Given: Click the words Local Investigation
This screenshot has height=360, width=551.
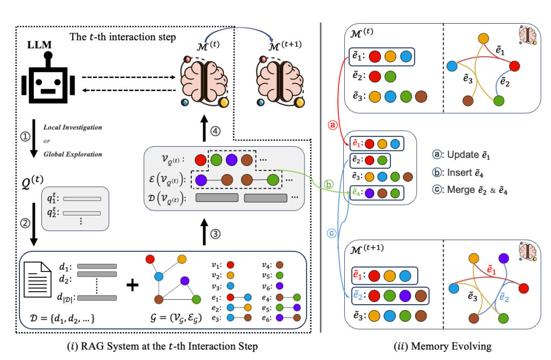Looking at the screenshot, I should click(x=73, y=128).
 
